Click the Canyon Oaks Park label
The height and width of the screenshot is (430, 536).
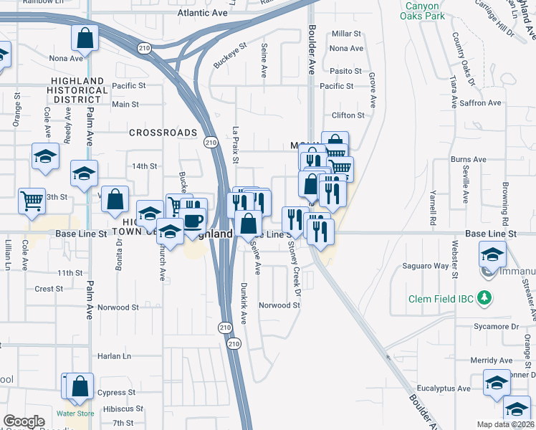[422, 10]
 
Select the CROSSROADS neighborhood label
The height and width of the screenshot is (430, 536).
[163, 133]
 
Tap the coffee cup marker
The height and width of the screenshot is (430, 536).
[194, 219]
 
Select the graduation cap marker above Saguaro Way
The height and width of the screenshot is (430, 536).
[493, 254]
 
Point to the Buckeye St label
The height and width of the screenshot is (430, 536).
[230, 55]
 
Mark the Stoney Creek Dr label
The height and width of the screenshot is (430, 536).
[295, 264]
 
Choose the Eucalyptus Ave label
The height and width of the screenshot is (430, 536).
[443, 388]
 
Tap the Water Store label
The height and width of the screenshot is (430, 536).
[75, 414]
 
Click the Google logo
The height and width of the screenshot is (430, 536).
[24, 421]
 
